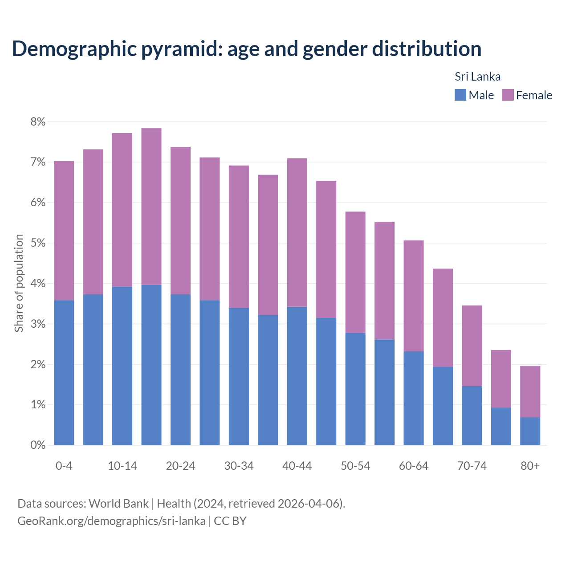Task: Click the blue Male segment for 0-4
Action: click(64, 372)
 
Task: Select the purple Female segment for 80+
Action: click(530, 391)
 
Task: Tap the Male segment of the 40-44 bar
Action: click(297, 376)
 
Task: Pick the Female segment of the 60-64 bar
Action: click(414, 296)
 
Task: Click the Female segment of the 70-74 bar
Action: click(472, 346)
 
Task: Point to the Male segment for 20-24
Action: click(180, 370)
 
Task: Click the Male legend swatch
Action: click(460, 95)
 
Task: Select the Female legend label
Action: click(534, 95)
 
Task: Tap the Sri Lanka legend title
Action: click(477, 77)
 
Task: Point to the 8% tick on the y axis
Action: click(38, 122)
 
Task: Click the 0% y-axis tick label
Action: click(38, 445)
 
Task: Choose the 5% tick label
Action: click(38, 243)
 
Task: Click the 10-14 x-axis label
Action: click(122, 466)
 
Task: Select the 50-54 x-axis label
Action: click(355, 466)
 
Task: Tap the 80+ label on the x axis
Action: click(530, 466)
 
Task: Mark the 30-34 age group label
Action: click(239, 466)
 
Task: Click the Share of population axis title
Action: click(19, 283)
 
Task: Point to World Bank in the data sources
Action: click(118, 504)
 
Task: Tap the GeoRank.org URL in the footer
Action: click(111, 521)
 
